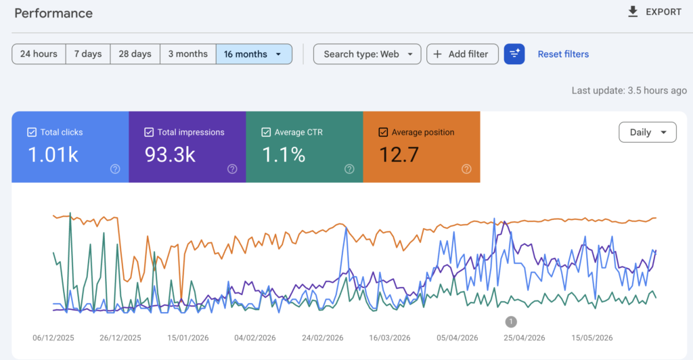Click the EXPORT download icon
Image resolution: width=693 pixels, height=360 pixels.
(x=633, y=12)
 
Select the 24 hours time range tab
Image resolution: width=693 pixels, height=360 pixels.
(x=39, y=54)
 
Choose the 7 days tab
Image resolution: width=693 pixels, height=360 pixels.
(x=88, y=54)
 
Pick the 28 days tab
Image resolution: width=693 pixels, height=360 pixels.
(x=135, y=54)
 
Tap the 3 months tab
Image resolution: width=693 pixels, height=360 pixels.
(x=188, y=54)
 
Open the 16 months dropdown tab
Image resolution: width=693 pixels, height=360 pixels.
(x=254, y=54)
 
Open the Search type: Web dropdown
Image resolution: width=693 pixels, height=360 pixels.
(x=367, y=54)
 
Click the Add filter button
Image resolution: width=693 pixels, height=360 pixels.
(x=462, y=54)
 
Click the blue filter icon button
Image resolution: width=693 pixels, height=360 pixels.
(x=514, y=54)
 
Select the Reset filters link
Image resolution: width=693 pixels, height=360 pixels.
(x=563, y=54)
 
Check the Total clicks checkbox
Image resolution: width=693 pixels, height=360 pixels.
(x=32, y=132)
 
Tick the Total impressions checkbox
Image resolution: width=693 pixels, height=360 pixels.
(x=149, y=132)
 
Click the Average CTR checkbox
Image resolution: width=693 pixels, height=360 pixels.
(x=266, y=132)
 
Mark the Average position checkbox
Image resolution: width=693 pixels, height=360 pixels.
(x=383, y=132)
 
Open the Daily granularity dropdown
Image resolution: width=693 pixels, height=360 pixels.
(x=648, y=132)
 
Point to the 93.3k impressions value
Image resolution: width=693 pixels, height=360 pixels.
(x=170, y=154)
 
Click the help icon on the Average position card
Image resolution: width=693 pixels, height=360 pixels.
(x=466, y=168)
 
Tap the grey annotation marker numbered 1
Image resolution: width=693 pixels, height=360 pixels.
(x=511, y=321)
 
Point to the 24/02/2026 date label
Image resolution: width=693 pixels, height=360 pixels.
(x=323, y=338)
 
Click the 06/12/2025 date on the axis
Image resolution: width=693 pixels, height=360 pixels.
(x=53, y=338)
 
